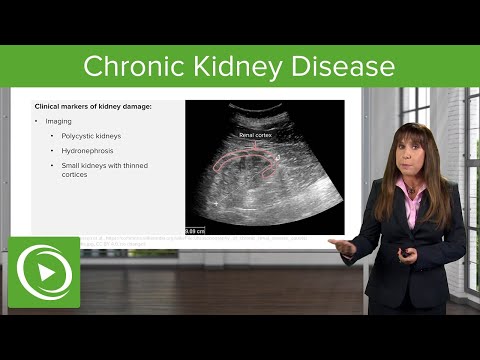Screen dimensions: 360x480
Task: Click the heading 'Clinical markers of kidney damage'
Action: click(x=95, y=107)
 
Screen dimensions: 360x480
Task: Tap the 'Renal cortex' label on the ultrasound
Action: click(x=257, y=132)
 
